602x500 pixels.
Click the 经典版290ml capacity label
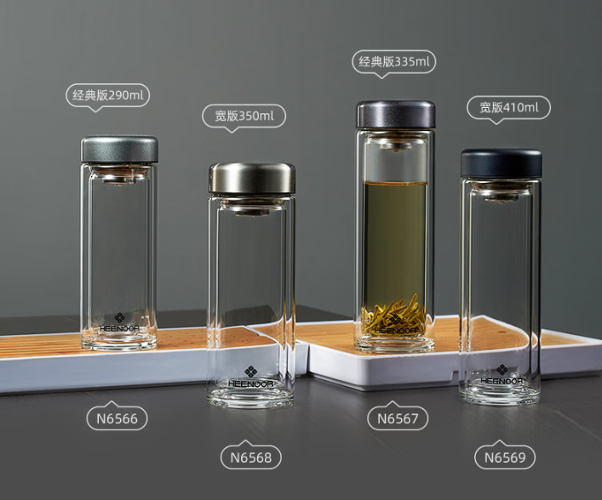tap(108, 95)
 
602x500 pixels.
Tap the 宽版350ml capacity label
tap(244, 116)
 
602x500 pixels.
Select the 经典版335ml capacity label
tap(394, 62)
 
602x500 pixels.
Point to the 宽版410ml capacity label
tap(508, 108)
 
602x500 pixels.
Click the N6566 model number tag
tap(118, 418)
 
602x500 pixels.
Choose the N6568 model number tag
tap(251, 457)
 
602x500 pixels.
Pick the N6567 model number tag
tap(398, 418)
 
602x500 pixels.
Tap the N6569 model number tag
tap(505, 457)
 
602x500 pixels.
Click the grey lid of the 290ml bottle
tap(119, 149)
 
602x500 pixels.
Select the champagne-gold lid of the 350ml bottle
tap(252, 179)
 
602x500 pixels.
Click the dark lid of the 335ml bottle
tap(396, 115)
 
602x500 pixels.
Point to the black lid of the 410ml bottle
tap(502, 164)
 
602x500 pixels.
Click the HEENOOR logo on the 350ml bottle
tap(250, 377)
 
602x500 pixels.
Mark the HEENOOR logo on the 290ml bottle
tap(119, 322)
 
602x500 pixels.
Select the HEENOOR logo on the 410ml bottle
tap(502, 375)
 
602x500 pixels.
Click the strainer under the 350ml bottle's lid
tap(252, 207)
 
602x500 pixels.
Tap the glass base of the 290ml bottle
tap(119, 340)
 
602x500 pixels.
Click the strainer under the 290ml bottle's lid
tap(119, 176)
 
